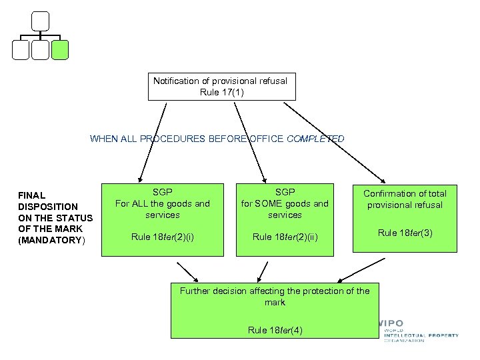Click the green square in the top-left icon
(x=60, y=50)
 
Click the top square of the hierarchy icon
(x=41, y=21)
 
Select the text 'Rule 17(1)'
(x=221, y=92)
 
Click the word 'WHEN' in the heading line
(x=104, y=139)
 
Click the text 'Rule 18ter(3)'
(x=405, y=233)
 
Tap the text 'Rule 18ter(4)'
(x=275, y=330)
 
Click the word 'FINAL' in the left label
(x=31, y=195)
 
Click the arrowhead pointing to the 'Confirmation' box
(x=383, y=179)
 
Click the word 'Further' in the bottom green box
(x=196, y=291)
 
